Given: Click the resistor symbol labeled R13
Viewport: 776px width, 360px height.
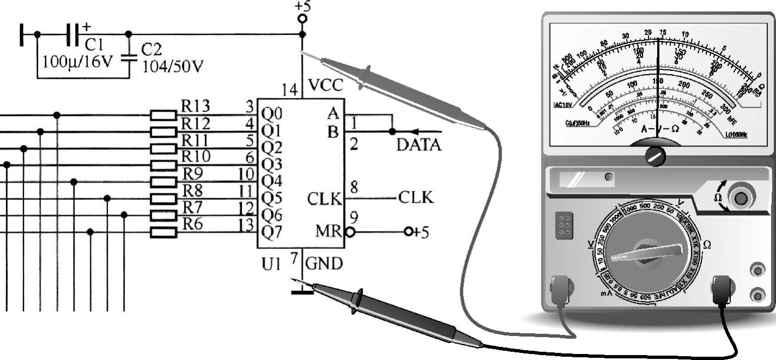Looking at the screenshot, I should point(163,115).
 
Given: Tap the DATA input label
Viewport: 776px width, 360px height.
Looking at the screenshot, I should point(419,145).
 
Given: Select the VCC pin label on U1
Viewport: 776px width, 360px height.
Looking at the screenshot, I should point(326,86).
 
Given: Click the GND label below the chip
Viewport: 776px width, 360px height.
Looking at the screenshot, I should point(324,264).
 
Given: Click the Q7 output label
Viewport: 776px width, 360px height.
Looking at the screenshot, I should point(272,232).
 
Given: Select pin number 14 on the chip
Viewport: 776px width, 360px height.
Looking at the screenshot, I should point(290,90).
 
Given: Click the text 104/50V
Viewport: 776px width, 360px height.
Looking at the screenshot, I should point(173,66).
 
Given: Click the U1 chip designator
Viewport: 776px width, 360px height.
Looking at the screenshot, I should point(271,265).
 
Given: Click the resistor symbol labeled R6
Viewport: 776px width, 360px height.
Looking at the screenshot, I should point(163,233).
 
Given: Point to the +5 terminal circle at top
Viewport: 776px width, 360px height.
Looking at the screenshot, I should point(302,19).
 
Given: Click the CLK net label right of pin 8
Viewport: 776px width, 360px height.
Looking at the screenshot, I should point(416,198).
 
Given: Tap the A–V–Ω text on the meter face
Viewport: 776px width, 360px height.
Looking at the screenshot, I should point(659,129).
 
